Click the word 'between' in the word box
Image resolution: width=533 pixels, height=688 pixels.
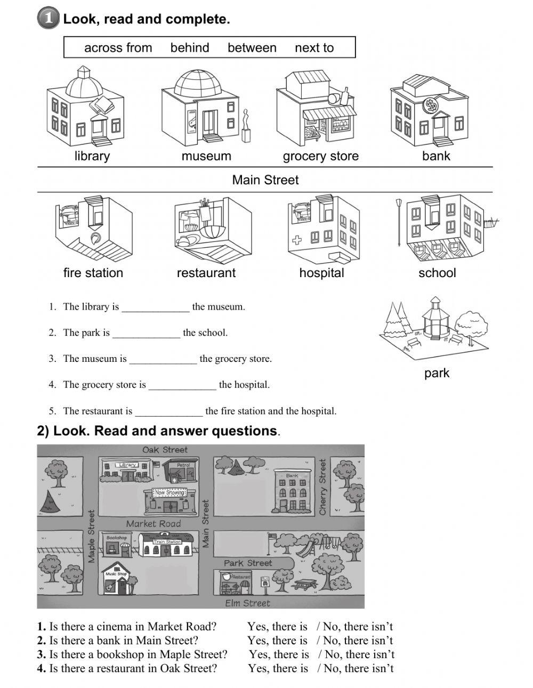[252, 48]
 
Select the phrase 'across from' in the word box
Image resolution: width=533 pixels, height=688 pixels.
[118, 48]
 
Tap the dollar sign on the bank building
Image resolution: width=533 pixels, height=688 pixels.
[430, 106]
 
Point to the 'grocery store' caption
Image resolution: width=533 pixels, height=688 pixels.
[320, 156]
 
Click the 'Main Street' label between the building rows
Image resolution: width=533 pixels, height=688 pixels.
[265, 180]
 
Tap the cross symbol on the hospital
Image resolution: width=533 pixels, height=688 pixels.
[297, 240]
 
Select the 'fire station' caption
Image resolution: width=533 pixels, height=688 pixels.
[93, 273]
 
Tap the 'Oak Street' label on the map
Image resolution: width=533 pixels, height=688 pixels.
[165, 450]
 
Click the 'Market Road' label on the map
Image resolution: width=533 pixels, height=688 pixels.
[154, 523]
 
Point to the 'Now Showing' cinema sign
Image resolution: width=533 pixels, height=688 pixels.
[168, 492]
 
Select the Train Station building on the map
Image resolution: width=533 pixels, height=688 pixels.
[167, 548]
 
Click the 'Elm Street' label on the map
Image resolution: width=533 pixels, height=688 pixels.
[247, 603]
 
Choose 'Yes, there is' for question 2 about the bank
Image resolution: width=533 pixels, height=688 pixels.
[277, 641]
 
